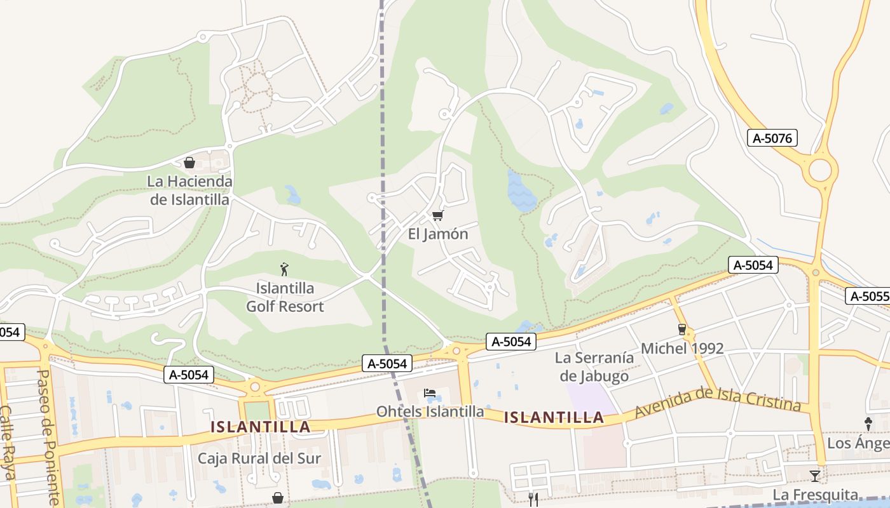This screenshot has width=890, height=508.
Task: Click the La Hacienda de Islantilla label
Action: click(189, 190)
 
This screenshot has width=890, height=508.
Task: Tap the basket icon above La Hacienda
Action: click(189, 163)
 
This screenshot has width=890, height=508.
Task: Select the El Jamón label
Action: click(438, 234)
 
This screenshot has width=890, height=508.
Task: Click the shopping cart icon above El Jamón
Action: click(437, 216)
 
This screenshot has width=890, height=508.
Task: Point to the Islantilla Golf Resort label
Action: click(285, 297)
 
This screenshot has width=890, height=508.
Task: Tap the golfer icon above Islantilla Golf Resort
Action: click(284, 270)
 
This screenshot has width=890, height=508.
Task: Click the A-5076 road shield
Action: click(772, 138)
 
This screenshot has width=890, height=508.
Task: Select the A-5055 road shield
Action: click(868, 296)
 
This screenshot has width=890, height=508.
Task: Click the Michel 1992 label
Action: click(682, 348)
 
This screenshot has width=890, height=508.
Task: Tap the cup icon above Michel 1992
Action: click(682, 329)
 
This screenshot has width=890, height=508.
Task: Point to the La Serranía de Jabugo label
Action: click(594, 366)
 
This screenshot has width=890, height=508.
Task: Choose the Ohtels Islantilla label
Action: click(430, 411)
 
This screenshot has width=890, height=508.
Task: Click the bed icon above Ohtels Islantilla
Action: click(430, 394)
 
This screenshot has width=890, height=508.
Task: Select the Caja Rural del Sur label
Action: click(259, 458)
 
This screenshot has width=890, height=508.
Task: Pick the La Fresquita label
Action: click(816, 495)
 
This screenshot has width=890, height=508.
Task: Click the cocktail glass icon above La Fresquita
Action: click(815, 476)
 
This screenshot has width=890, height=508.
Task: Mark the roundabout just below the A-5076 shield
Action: click(820, 170)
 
